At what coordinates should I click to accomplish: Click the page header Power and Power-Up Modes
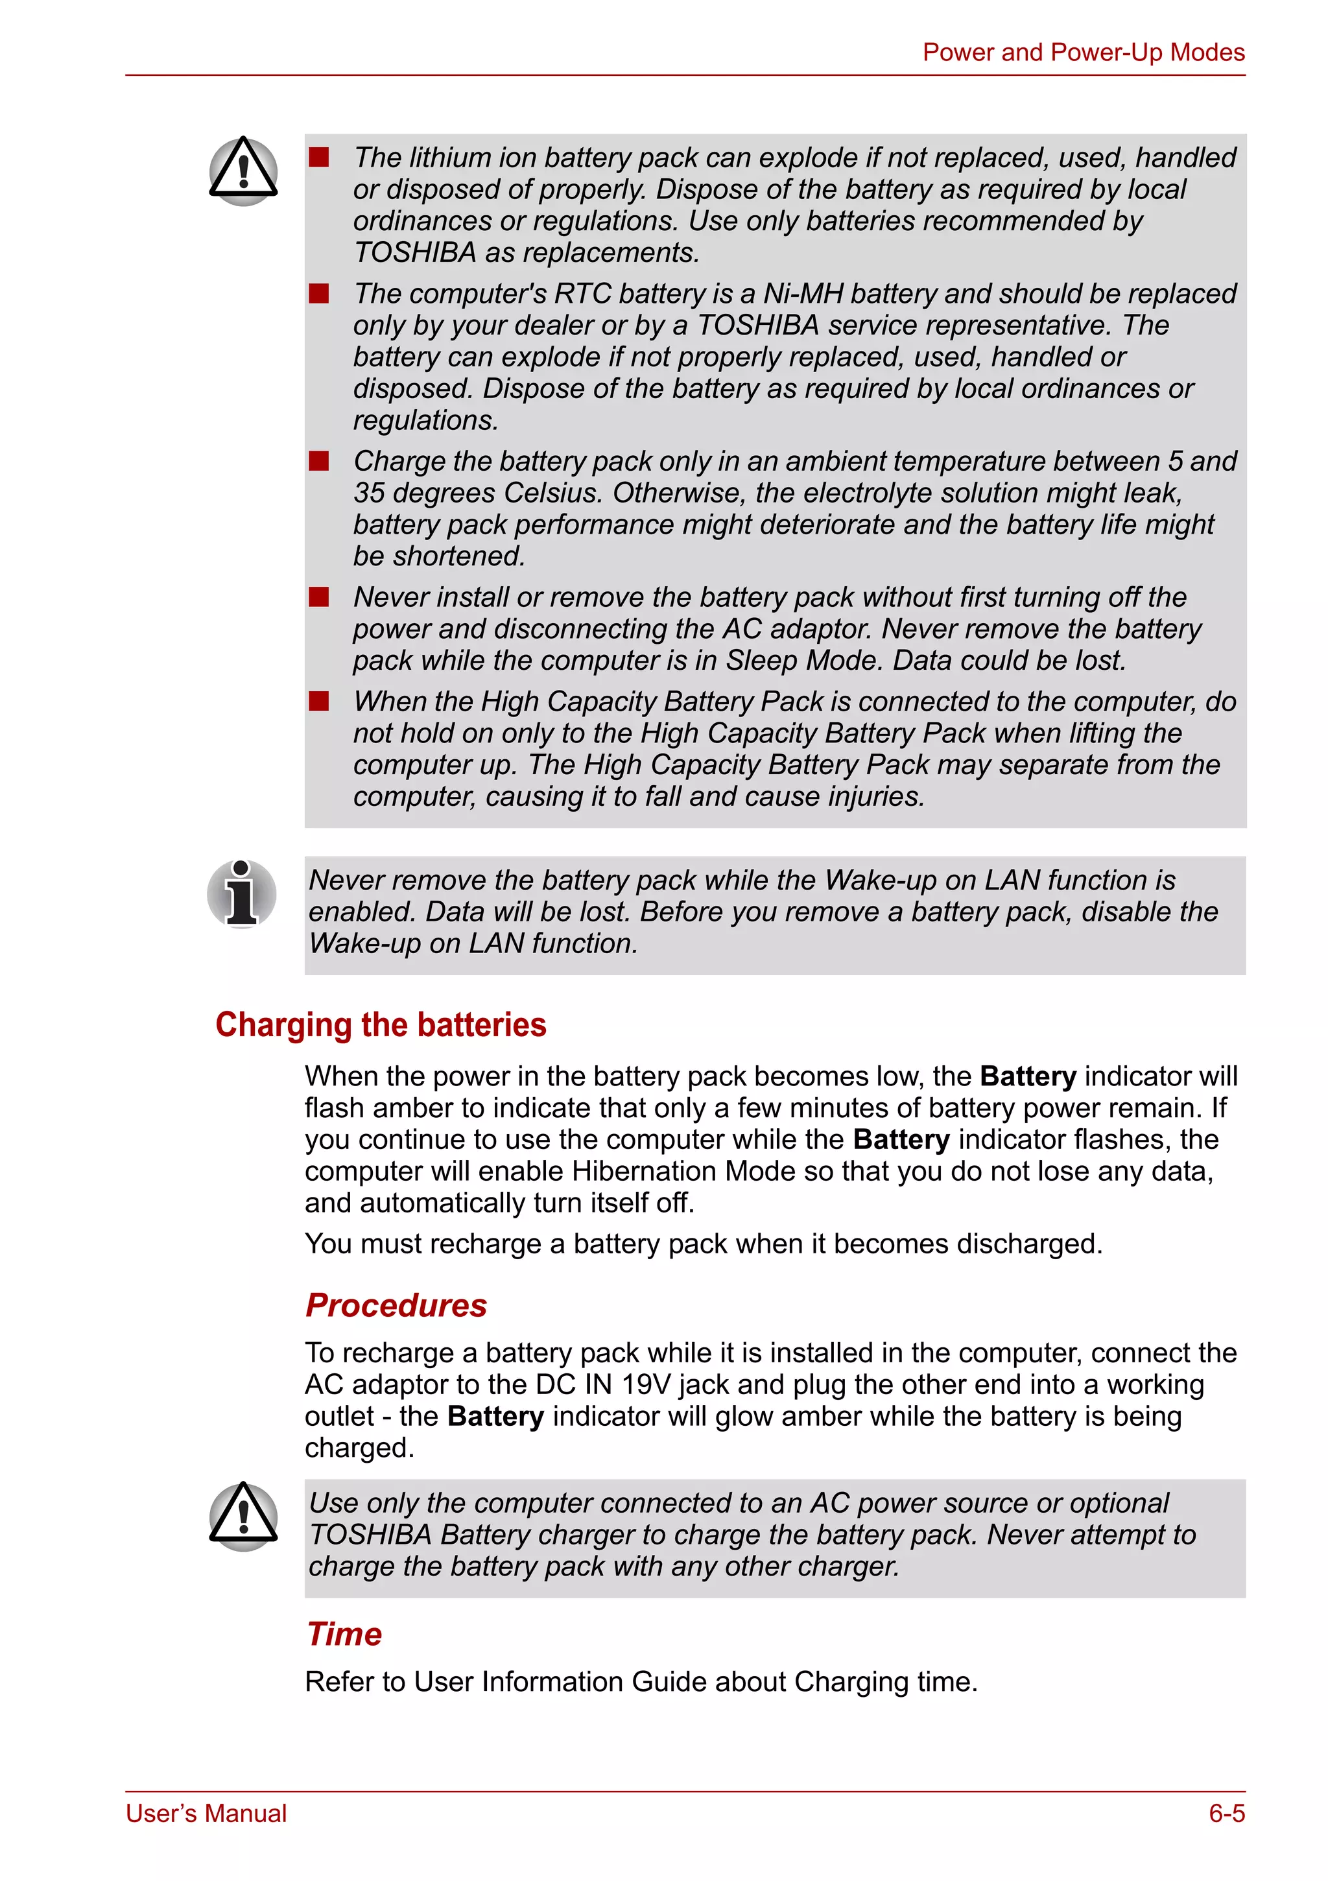[x=1082, y=53]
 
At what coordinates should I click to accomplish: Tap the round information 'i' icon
[x=242, y=893]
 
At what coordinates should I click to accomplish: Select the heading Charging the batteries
[x=380, y=1025]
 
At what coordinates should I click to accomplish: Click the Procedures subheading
[x=396, y=1305]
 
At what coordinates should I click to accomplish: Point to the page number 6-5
[x=1226, y=1813]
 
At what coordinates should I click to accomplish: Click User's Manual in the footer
[x=206, y=1813]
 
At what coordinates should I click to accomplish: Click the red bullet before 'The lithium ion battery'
[x=318, y=158]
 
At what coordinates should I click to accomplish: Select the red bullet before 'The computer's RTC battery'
[x=318, y=293]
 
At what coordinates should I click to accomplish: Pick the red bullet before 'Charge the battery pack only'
[x=318, y=461]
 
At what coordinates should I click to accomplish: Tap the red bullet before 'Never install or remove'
[x=318, y=597]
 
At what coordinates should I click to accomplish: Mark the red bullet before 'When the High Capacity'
[x=318, y=702]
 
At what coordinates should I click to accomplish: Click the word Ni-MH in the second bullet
[x=803, y=294]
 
